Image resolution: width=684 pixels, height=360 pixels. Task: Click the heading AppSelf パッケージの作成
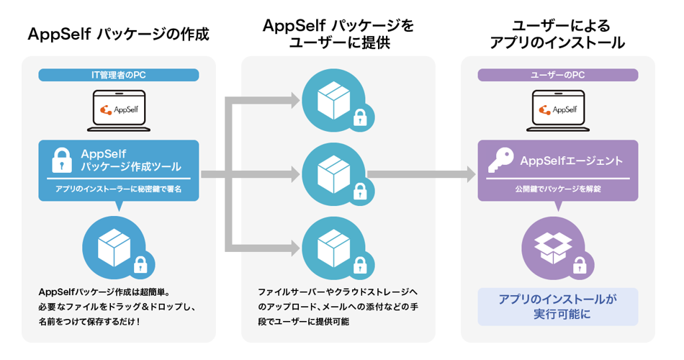pos(118,34)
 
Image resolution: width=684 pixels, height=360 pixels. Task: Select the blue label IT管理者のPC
pos(118,74)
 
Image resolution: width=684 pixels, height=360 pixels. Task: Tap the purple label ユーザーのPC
pos(557,74)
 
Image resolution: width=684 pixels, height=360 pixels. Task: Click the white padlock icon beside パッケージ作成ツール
pos(63,161)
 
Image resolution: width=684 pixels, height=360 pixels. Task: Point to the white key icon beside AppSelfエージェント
pos(500,161)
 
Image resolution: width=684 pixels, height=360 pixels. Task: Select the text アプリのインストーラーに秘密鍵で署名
pos(118,189)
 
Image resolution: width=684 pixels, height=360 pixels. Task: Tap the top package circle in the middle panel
pos(333,100)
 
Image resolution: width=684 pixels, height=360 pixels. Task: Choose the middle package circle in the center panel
pos(333,173)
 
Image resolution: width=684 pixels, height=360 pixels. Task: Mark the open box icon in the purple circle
pos(552,245)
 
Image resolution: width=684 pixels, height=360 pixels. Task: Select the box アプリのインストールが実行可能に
pos(557,306)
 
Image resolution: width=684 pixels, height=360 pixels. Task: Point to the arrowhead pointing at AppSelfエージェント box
pos(470,174)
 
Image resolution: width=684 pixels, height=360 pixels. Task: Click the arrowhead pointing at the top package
pos(294,100)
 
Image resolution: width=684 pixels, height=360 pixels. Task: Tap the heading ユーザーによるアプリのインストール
pos(557,33)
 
